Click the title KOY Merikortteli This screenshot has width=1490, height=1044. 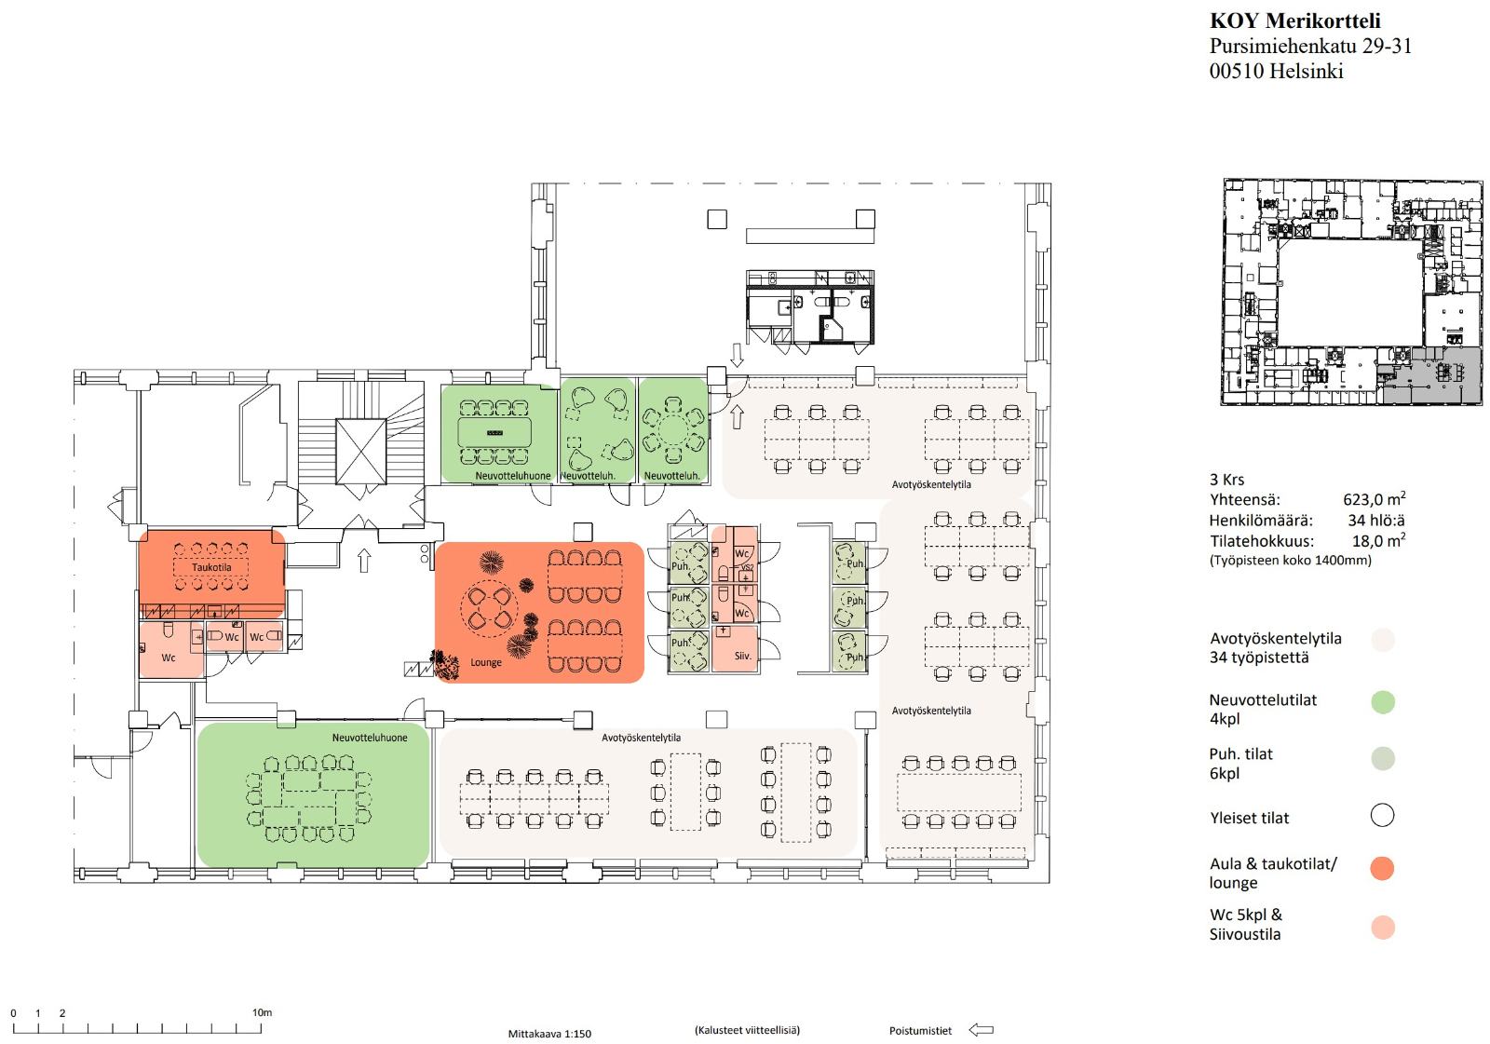(1294, 20)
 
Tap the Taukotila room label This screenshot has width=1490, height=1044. (211, 567)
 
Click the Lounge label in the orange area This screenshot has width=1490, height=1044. (485, 663)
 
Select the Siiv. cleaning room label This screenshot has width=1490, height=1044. (742, 656)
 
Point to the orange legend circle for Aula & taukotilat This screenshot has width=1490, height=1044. (1382, 868)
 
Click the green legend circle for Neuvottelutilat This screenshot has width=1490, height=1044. (1383, 702)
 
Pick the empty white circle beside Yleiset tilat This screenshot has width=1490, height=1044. (1382, 815)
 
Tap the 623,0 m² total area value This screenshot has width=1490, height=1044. (1374, 499)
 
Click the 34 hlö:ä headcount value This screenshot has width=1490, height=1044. (1376, 521)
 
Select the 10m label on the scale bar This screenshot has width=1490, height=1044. (262, 1012)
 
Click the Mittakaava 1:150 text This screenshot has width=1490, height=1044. (549, 1034)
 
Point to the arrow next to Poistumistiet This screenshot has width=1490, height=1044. (982, 1030)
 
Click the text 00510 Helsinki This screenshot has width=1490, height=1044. (1276, 71)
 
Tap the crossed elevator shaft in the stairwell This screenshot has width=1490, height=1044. (360, 452)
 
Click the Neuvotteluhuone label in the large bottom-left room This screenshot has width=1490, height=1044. (370, 738)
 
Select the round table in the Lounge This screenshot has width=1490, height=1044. (489, 609)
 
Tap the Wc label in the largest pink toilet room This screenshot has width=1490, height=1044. (169, 658)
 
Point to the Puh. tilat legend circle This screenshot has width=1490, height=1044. (1383, 758)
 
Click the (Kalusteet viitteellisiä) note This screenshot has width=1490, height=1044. (747, 1030)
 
